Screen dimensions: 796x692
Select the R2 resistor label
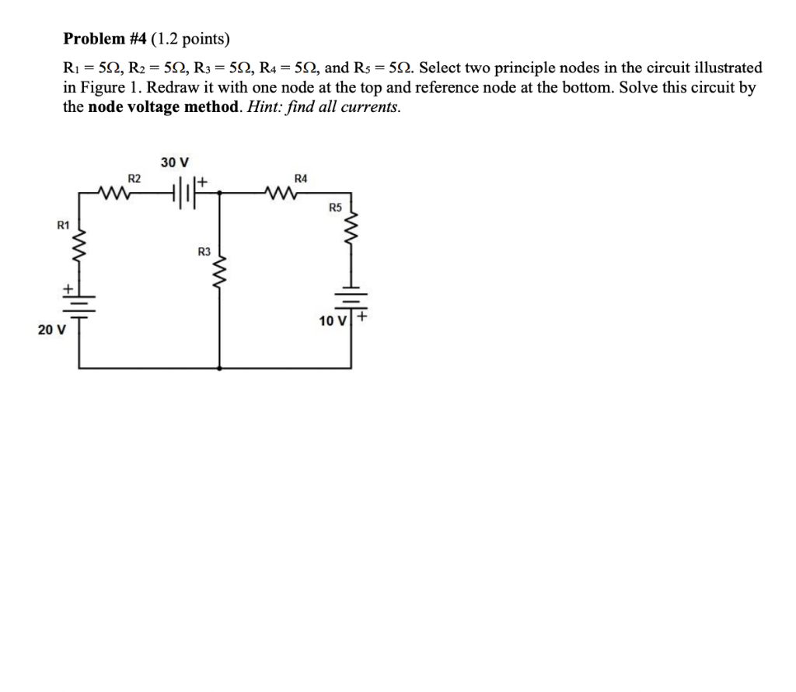pyautogui.click(x=134, y=178)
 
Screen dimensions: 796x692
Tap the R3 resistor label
pyautogui.click(x=204, y=251)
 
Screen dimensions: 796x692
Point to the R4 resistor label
pyautogui.click(x=302, y=178)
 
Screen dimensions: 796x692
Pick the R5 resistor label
pyautogui.click(x=335, y=208)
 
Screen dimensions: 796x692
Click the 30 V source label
pyautogui.click(x=175, y=163)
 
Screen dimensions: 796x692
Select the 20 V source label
pyautogui.click(x=52, y=330)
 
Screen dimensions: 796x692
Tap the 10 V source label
pyautogui.click(x=333, y=320)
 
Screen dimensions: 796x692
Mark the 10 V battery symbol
pyautogui.click(x=351, y=299)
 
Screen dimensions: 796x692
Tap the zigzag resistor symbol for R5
pyautogui.click(x=351, y=229)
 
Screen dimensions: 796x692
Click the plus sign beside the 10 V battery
pyautogui.click(x=362, y=317)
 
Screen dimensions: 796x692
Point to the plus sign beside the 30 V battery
pyautogui.click(x=205, y=182)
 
